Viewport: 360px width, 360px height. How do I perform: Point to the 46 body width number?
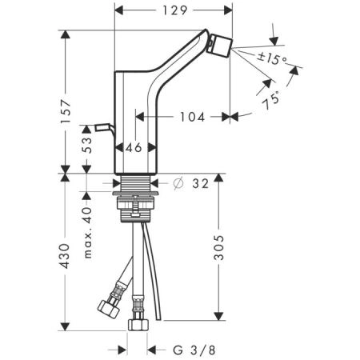coord(134,148)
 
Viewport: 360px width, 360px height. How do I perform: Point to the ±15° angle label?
coord(272,58)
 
